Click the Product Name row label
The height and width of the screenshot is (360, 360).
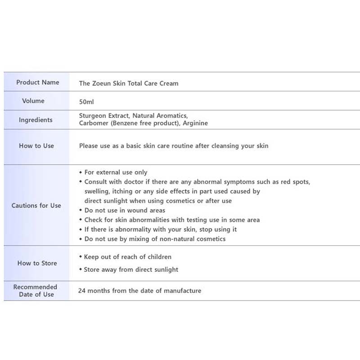[37, 82]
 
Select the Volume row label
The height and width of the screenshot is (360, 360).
[33, 101]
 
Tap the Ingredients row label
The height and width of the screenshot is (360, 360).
[36, 120]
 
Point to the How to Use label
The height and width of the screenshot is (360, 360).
[36, 146]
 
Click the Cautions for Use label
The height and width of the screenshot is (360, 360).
[36, 206]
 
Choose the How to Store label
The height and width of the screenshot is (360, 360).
[37, 263]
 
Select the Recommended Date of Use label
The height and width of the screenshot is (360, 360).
[35, 291]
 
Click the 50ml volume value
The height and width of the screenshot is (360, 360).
[86, 102]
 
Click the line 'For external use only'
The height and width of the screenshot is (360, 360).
[116, 172]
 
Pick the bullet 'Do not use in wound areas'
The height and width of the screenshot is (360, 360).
[125, 210]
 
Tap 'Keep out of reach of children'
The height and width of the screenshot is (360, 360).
[128, 257]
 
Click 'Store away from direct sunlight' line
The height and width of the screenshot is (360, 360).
[131, 270]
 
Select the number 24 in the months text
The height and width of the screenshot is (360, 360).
[82, 291]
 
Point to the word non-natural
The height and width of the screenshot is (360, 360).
[173, 239]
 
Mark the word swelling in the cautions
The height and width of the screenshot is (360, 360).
[96, 191]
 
